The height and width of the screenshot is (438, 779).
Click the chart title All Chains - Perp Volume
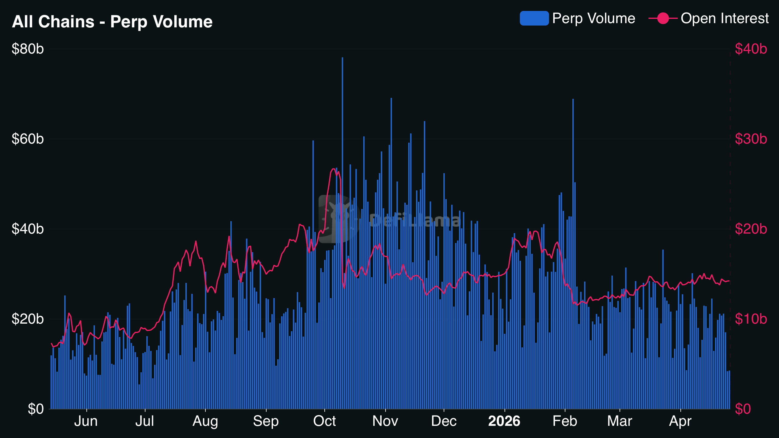112,22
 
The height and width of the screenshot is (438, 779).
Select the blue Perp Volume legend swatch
534,18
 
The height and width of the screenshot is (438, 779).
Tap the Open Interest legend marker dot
663,18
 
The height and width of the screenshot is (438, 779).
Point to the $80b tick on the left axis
28,49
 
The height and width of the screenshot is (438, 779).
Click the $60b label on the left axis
28,139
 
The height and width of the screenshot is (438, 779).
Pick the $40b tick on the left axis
28,229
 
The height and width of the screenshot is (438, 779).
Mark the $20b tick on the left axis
28,319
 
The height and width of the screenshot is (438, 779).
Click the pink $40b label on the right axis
751,49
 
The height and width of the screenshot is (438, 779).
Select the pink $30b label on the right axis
751,139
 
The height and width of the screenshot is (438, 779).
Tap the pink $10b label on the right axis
751,319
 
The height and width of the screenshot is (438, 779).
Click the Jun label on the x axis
86,421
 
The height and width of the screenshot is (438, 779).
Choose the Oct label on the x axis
324,421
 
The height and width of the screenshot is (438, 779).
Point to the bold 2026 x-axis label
504,421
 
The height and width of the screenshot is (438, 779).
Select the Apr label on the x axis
680,421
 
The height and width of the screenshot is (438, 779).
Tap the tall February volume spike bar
573,152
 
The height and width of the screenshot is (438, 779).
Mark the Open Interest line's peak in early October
334,169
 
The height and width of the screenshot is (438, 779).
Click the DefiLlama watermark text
415,221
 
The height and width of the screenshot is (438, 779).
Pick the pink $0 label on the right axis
743,409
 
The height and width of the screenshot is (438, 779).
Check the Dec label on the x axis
444,421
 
